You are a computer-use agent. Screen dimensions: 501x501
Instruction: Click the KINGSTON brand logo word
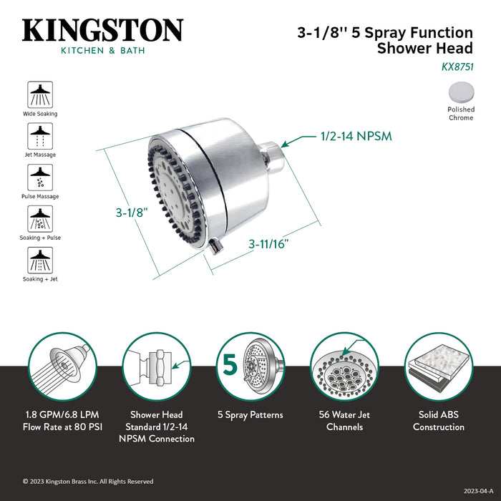point(103,31)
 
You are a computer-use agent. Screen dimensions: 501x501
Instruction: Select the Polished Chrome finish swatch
point(460,93)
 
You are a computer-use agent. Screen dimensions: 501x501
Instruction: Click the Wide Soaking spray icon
point(40,95)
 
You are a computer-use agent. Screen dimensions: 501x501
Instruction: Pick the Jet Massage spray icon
point(40,136)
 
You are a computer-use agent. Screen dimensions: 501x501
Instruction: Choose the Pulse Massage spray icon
point(40,177)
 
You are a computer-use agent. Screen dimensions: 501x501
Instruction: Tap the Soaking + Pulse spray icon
point(40,219)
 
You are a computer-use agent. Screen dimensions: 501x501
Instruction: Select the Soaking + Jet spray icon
point(40,261)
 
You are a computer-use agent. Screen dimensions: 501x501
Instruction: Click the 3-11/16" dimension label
point(268,244)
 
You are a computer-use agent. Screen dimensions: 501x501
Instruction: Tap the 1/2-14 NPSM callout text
point(356,136)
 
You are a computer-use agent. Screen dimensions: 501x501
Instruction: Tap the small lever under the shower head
point(215,248)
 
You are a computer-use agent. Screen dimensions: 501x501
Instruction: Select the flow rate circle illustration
point(62,367)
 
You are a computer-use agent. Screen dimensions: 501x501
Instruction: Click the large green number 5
point(230,365)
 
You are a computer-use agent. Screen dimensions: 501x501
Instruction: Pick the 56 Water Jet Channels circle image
point(344,367)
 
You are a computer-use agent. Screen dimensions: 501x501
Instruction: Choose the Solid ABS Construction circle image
point(438,367)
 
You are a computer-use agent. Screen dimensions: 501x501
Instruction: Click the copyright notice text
point(88,482)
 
